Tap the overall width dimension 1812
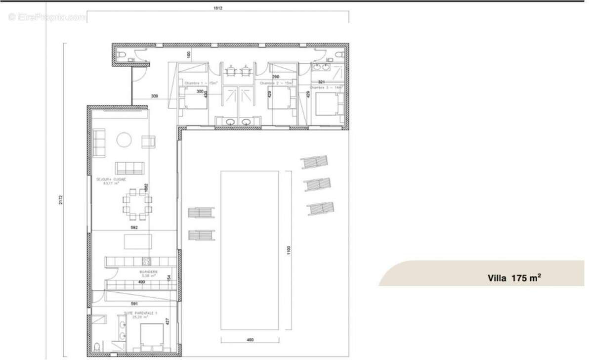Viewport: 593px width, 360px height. click(x=218, y=8)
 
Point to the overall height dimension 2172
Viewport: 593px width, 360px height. click(x=61, y=199)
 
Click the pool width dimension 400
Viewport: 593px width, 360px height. click(x=250, y=340)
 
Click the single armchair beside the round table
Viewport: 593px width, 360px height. click(x=149, y=142)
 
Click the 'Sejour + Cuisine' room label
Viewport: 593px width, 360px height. click(x=111, y=181)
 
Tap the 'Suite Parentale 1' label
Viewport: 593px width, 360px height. click(x=130, y=314)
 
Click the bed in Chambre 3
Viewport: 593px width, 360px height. click(x=329, y=104)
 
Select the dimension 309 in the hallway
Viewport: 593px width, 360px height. click(x=155, y=96)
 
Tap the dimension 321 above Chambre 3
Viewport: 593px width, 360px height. click(x=321, y=82)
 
